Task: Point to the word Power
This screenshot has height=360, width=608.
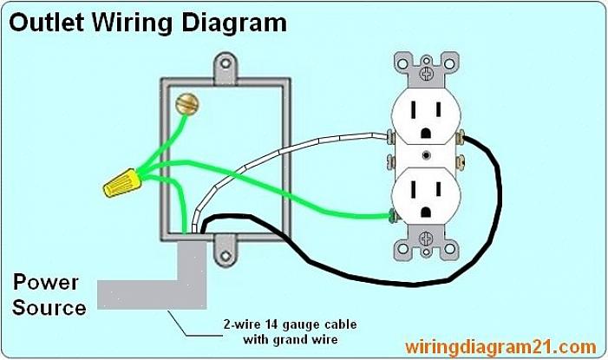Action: point(45,283)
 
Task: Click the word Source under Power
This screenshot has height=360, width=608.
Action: point(49,307)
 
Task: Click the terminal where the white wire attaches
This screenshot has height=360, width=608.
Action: point(391,136)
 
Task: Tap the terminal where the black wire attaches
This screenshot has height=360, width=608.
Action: point(463,136)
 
